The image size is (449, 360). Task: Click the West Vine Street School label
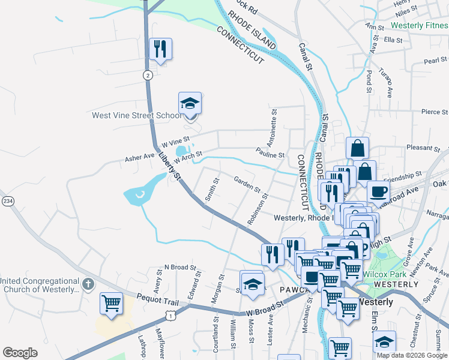pos(136,116)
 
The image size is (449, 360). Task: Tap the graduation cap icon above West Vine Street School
pos(190,104)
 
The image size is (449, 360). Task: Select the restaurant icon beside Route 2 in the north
pos(160,49)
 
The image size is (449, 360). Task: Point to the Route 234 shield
pos(8,200)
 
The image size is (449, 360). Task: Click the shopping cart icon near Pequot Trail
pos(111,304)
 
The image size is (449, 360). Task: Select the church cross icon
pos(88,284)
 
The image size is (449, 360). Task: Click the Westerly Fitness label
pos(418,26)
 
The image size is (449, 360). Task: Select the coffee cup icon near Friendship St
pos(378,191)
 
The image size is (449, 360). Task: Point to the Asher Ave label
pos(139,157)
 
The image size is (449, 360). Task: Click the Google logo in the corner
pos(20,353)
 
